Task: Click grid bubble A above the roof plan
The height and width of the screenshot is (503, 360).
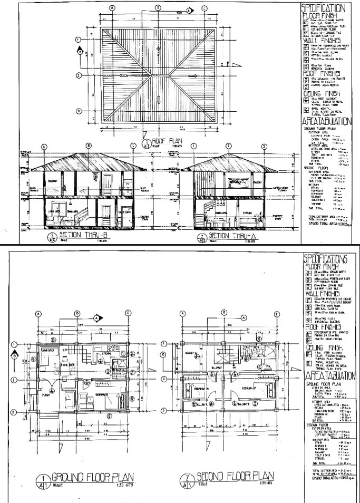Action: coord(112,8)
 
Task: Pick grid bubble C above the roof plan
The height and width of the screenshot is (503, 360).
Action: coord(204,8)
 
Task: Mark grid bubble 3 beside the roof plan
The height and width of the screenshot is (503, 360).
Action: coord(79,111)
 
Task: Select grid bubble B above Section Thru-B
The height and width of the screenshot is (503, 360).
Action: coord(89,146)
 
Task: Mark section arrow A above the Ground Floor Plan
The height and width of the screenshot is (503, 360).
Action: coord(97,318)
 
